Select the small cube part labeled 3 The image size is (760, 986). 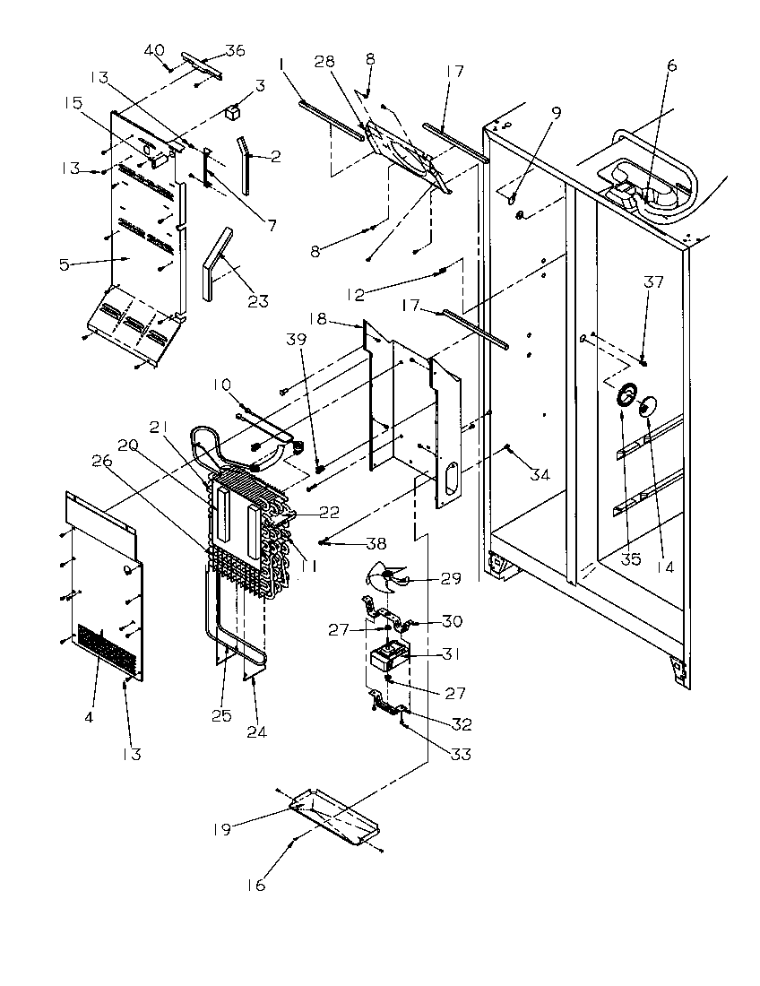pyautogui.click(x=234, y=112)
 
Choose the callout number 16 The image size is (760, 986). pyautogui.click(x=256, y=886)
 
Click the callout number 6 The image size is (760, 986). pyautogui.click(x=671, y=65)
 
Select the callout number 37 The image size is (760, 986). pyautogui.click(x=653, y=282)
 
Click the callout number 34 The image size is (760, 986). pyautogui.click(x=539, y=474)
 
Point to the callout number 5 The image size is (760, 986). pyautogui.click(x=64, y=264)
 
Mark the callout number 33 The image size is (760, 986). pyautogui.click(x=460, y=755)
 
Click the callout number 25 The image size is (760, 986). pyautogui.click(x=220, y=715)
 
